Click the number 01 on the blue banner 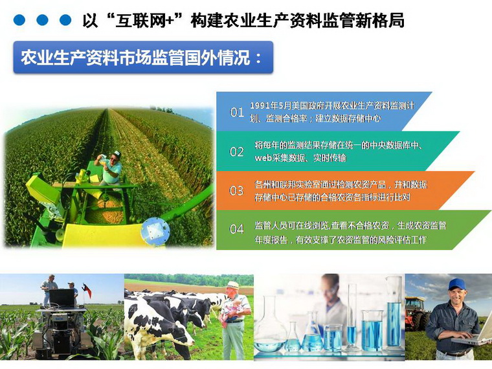(236, 112)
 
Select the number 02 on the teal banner (236, 152)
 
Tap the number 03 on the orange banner (236, 190)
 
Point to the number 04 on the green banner (236, 229)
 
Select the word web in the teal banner (263, 158)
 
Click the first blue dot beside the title (19, 20)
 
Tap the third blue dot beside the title (65, 20)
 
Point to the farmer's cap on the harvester (117, 154)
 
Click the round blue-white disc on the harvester (155, 231)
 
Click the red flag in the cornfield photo (87, 290)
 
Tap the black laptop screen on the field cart (61, 298)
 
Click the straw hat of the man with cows (233, 285)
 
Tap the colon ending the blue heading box (258, 58)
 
